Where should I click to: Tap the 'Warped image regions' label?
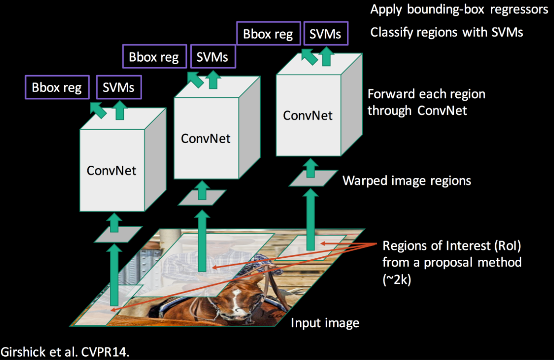(x=407, y=181)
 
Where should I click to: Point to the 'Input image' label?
(x=325, y=322)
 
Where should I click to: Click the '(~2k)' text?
(x=397, y=279)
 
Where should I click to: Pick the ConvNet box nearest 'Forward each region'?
(x=308, y=116)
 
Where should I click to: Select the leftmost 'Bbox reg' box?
(x=56, y=88)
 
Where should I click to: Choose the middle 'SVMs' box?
(x=212, y=58)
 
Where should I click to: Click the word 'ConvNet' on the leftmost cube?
(x=112, y=170)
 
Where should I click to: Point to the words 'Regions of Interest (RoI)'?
(x=452, y=246)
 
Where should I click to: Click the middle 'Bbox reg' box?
(x=154, y=58)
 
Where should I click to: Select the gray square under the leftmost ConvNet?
(x=118, y=235)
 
